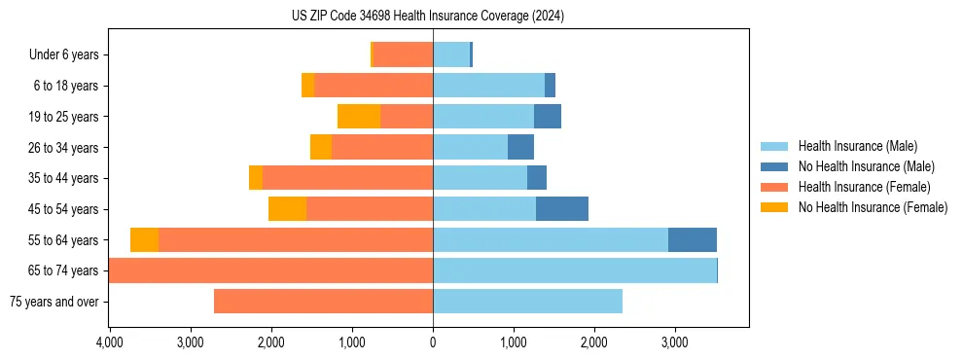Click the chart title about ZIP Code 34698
click(428, 17)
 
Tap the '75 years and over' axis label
click(53, 302)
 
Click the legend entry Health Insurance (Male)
click(857, 146)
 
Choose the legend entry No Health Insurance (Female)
click(873, 207)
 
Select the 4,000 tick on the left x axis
click(109, 343)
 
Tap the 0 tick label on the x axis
click(433, 343)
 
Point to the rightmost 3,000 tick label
click(675, 343)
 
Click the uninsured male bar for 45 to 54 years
click(562, 209)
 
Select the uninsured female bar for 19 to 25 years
click(359, 117)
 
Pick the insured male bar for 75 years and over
click(527, 302)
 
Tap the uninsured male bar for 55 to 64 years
click(693, 240)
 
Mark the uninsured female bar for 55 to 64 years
click(144, 240)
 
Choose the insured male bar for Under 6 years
click(451, 55)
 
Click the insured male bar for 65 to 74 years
click(574, 270)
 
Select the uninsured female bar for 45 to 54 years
click(287, 209)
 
